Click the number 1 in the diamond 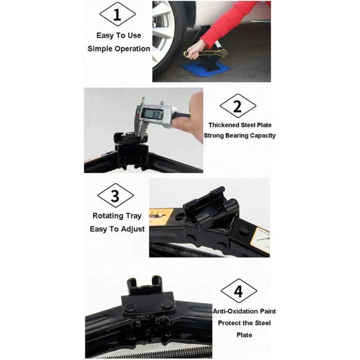[117, 14]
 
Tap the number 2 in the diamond [238, 106]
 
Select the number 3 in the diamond [116, 196]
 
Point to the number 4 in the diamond [239, 292]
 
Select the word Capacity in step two [263, 136]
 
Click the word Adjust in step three [133, 229]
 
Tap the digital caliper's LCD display [152, 114]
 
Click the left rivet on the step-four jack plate [129, 308]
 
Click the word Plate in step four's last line [244, 335]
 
